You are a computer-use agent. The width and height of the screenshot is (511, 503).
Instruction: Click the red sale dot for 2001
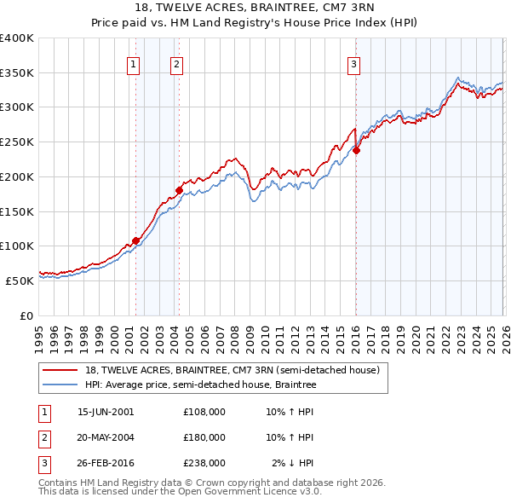click(x=135, y=240)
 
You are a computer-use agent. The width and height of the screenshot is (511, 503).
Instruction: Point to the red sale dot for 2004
click(x=179, y=190)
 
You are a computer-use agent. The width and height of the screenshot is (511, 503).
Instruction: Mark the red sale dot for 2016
click(x=356, y=150)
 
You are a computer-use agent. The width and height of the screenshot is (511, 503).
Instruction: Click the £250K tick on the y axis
click(x=17, y=142)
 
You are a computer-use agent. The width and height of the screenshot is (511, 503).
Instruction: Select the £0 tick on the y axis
click(x=27, y=315)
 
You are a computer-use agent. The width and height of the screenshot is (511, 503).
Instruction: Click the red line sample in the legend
click(x=62, y=370)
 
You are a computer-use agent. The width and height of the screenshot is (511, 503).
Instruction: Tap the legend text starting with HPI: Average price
click(x=200, y=385)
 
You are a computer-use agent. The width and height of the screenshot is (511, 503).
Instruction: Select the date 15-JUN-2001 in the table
click(x=106, y=412)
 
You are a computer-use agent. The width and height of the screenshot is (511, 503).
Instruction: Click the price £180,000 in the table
click(x=204, y=438)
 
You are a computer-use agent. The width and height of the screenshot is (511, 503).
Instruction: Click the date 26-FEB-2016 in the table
click(x=106, y=464)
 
